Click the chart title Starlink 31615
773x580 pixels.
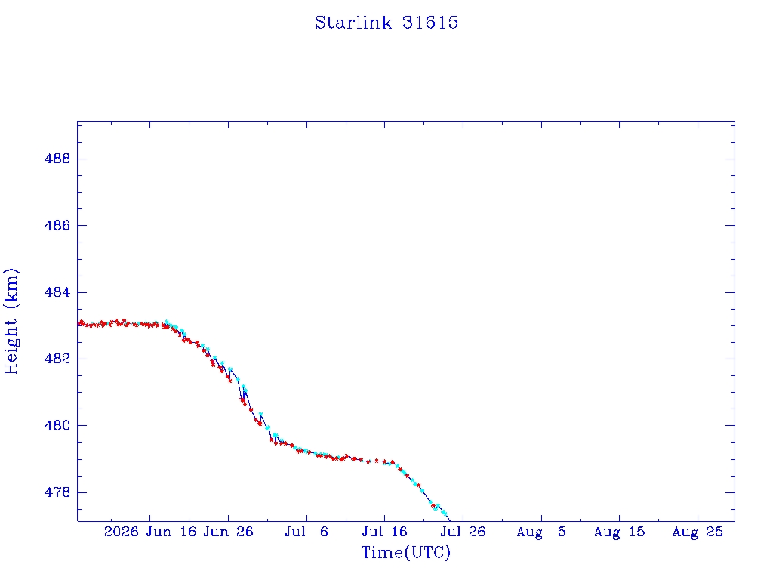(x=386, y=23)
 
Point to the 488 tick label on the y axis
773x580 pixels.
(x=57, y=159)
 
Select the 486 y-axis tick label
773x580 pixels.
(x=57, y=225)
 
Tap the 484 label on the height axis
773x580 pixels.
(x=57, y=292)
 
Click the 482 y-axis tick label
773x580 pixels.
(x=57, y=359)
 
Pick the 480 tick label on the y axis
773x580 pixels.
(x=57, y=426)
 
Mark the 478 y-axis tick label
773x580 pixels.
(x=57, y=492)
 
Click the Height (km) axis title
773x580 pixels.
(x=11, y=322)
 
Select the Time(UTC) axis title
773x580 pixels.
(x=405, y=552)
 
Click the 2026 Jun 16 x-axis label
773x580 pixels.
(x=150, y=532)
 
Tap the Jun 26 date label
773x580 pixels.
(x=228, y=532)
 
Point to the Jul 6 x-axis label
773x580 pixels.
(x=306, y=532)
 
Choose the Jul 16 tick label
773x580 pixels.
(x=384, y=532)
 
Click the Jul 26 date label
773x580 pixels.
(x=463, y=532)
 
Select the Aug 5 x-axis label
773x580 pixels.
(x=541, y=532)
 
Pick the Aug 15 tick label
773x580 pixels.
(x=619, y=532)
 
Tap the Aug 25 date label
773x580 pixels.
(x=698, y=532)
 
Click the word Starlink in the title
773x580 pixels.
(x=353, y=23)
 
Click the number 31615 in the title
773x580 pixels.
(x=430, y=23)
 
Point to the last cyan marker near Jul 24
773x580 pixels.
(x=444, y=513)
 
